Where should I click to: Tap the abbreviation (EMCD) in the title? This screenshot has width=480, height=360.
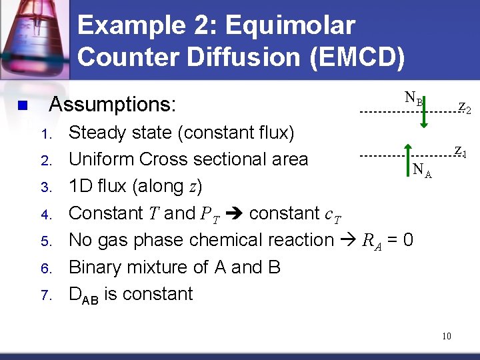coord(357,58)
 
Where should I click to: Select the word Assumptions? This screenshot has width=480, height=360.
coord(113,105)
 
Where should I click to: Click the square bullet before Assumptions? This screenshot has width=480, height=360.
coord(22,105)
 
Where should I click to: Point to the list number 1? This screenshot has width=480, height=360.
coord(45,134)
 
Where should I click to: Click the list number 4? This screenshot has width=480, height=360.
coord(46,215)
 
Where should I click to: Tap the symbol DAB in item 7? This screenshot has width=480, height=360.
coord(84,295)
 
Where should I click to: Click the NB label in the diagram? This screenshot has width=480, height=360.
coord(413,99)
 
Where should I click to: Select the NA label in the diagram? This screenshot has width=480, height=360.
coord(422,171)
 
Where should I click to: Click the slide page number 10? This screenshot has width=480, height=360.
coord(446,336)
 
